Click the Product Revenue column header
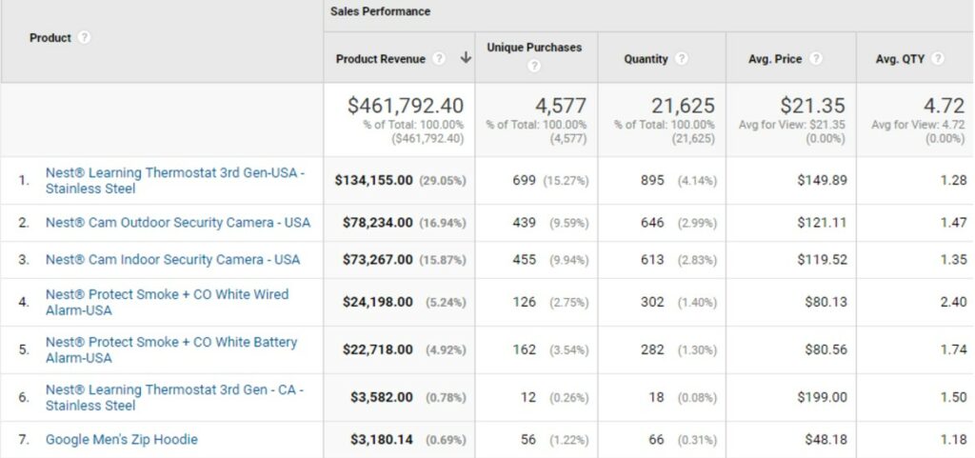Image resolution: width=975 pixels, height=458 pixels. coord(380,58)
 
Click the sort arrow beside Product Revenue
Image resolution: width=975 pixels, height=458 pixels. coord(466,58)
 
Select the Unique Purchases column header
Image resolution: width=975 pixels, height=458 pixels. coord(534,47)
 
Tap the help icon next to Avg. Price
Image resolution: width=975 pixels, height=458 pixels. coord(816,59)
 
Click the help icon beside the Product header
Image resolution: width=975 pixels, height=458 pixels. coord(84,38)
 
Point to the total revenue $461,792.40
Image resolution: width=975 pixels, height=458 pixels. coord(406,106)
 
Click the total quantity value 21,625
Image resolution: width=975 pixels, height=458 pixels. coord(683,106)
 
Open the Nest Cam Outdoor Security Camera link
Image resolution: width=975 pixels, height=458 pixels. coord(177,223)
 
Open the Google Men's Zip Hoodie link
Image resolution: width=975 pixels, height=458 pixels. coord(121,440)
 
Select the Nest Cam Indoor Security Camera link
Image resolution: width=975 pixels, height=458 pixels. coord(172,260)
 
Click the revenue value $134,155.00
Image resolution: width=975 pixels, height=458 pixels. coord(373,180)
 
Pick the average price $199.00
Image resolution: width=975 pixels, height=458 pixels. coord(822,397)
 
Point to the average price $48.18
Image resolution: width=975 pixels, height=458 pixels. coord(825,440)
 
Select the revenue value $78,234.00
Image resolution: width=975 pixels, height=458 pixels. coord(377,223)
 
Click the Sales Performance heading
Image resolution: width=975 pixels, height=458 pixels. coord(380,12)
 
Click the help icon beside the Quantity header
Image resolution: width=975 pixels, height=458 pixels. coord(682,59)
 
